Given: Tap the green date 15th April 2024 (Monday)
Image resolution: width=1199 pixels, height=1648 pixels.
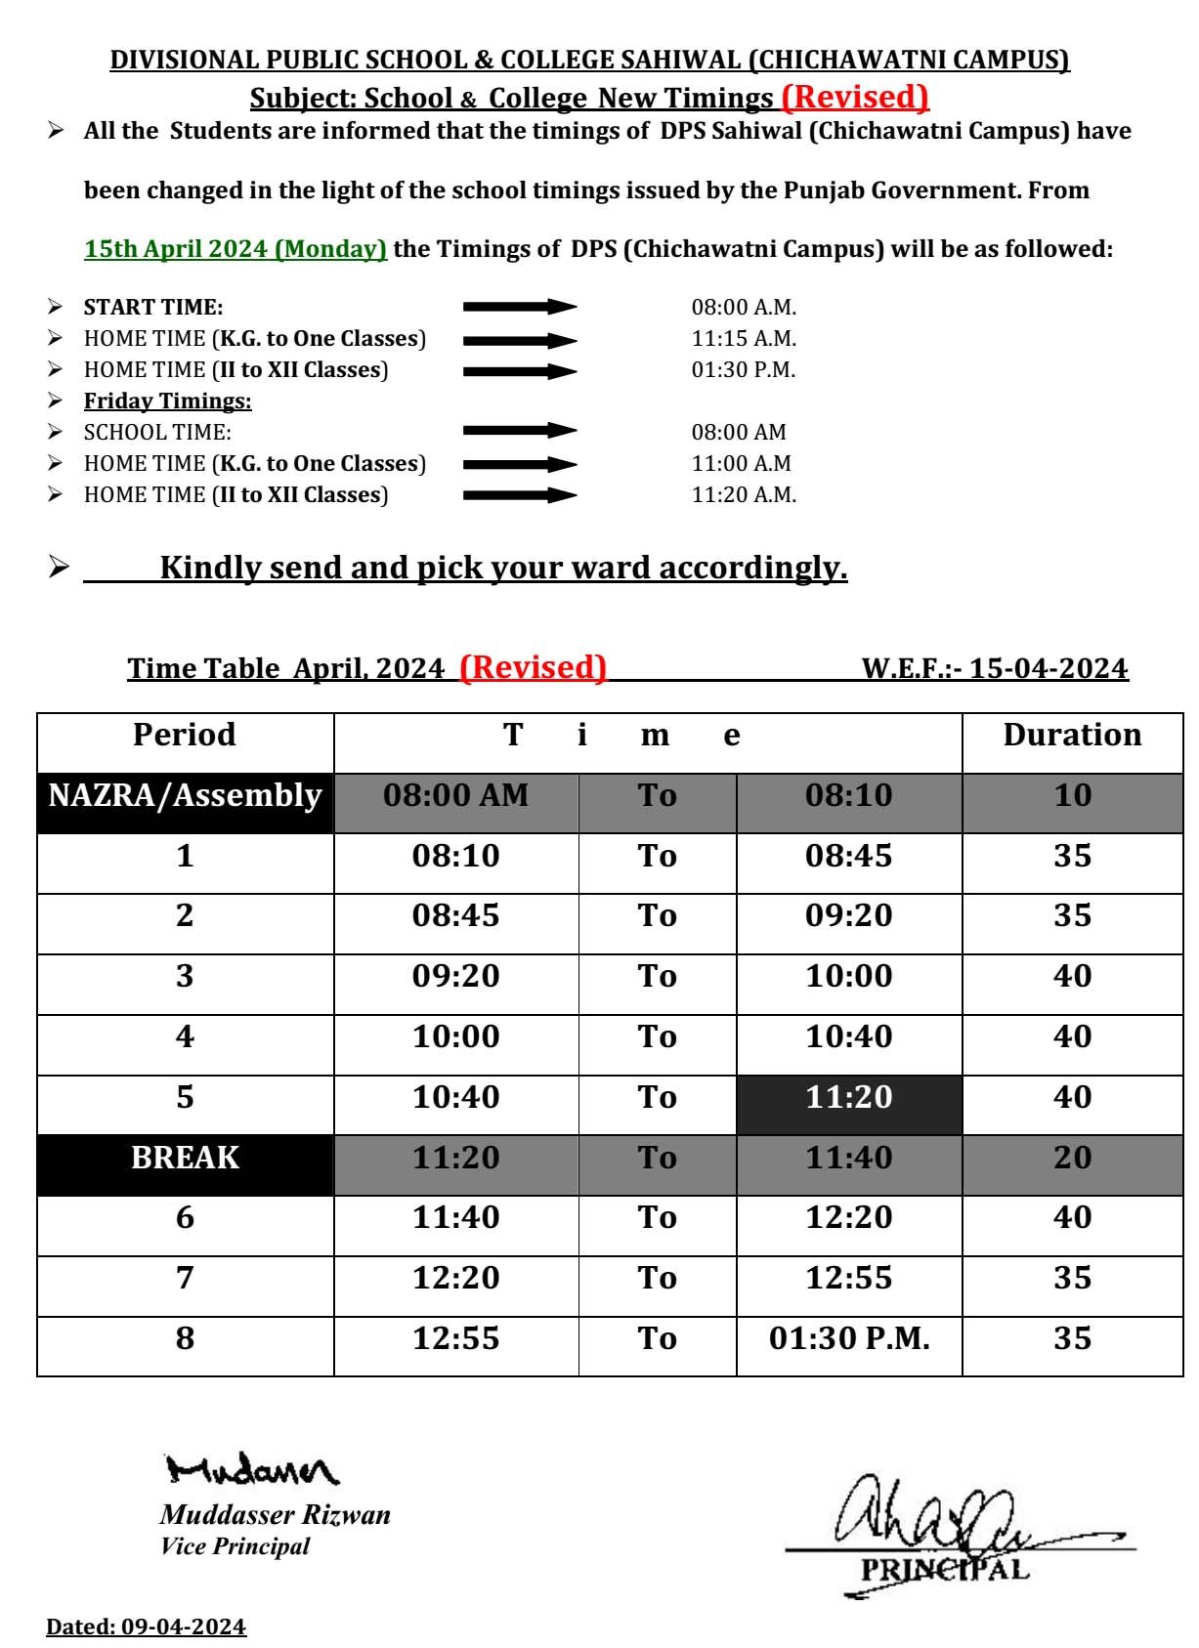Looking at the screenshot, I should point(236,249).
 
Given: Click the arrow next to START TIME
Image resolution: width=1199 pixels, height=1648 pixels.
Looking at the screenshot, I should point(520,307).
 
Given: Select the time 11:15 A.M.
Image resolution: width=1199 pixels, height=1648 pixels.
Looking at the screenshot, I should point(744,339).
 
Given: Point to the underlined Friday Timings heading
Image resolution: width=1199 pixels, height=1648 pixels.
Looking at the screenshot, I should point(167,401).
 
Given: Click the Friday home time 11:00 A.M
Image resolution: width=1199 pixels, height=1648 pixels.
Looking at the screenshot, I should point(741,464).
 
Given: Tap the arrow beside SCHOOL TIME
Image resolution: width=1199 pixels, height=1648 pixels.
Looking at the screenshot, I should point(520,431).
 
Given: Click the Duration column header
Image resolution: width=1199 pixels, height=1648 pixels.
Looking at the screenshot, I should point(1072,735).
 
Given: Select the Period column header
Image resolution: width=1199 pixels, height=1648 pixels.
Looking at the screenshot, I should point(185,735).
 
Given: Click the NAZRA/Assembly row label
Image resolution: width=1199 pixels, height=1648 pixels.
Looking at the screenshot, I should point(185,795).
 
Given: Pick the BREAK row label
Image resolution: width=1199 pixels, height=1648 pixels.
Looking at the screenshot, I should point(185,1158).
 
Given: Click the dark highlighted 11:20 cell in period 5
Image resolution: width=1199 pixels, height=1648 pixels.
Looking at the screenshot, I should point(848,1097).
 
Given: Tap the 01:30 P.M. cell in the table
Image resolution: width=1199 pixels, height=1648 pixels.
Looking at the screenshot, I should point(848,1338).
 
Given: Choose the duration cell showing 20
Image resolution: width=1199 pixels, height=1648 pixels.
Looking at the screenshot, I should point(1072,1158).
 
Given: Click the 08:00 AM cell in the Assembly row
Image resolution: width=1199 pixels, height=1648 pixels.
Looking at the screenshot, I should point(455,795).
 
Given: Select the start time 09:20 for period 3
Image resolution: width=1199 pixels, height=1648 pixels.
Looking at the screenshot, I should point(455,976).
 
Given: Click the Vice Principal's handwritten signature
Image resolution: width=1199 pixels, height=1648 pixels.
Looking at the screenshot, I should point(252,1469).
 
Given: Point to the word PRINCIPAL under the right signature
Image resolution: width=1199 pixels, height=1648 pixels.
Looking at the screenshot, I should point(944,1570).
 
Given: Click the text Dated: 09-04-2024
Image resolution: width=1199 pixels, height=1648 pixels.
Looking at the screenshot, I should point(147,1627).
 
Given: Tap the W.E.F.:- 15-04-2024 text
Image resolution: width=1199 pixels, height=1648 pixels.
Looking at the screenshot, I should point(994,669).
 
